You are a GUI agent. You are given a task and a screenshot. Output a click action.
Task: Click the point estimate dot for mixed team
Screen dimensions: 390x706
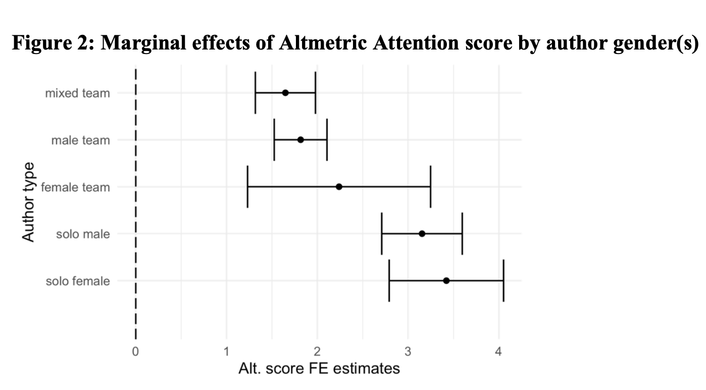(x=285, y=93)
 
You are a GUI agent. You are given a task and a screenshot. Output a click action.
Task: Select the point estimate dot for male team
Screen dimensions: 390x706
(x=300, y=140)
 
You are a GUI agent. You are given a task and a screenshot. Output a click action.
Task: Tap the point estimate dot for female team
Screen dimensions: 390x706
(x=339, y=187)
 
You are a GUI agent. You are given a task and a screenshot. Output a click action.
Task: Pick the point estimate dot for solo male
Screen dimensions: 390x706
(x=422, y=234)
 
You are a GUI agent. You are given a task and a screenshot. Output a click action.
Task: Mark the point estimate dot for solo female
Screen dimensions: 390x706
(x=446, y=281)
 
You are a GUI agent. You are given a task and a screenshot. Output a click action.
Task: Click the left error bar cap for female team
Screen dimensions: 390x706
(x=247, y=187)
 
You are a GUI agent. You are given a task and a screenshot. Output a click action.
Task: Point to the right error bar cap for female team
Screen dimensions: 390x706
(x=430, y=187)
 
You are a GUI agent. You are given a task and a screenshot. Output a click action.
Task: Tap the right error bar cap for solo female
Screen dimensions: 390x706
(x=503, y=281)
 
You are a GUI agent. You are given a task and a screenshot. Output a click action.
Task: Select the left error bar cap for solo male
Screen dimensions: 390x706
(x=382, y=234)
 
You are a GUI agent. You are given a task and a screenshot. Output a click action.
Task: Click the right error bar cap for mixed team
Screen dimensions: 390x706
(x=315, y=93)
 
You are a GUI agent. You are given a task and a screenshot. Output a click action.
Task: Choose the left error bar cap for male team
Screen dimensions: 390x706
(x=274, y=140)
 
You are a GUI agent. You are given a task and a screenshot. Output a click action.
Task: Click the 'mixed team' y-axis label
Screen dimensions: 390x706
(x=77, y=93)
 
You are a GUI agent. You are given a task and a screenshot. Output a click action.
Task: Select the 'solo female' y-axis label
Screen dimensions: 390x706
(x=78, y=281)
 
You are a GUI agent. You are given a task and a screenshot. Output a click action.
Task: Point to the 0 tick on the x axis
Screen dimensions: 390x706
(x=135, y=352)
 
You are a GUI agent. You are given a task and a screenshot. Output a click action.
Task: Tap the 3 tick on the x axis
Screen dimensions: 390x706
(x=408, y=352)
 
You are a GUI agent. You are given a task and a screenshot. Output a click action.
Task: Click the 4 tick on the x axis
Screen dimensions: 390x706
(x=498, y=352)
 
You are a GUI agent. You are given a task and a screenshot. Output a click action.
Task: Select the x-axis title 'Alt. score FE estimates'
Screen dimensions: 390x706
(x=319, y=369)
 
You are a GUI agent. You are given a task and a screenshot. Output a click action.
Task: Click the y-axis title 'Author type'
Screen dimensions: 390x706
(x=29, y=202)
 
